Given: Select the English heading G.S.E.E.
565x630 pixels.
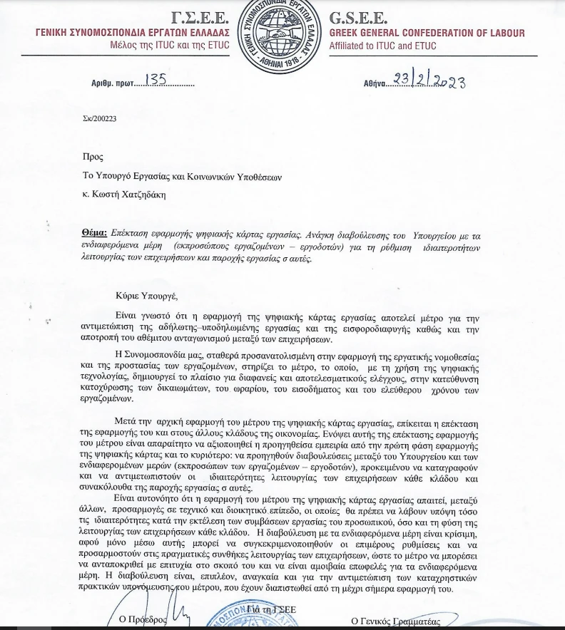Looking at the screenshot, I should coord(359,18).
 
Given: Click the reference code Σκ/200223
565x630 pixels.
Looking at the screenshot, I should coord(99,119).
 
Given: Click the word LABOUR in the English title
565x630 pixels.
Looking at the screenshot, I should coord(503,33).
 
